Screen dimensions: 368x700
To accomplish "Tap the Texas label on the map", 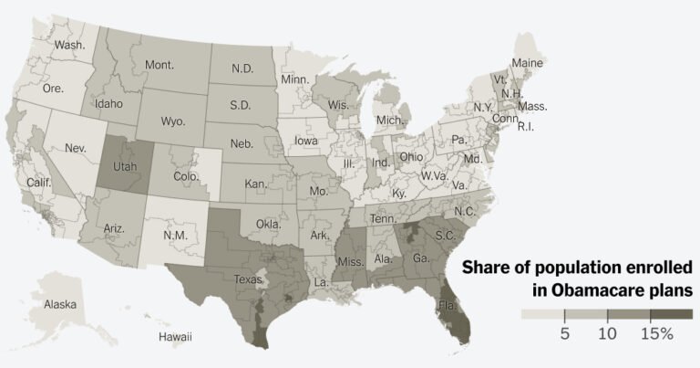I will tap(249, 279).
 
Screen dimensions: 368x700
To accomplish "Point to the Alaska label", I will tap(60, 304).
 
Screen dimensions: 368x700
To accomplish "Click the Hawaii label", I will tap(175, 337).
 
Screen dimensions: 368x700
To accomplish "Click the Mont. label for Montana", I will tap(159, 66).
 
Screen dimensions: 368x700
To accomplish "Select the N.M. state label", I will tap(173, 235).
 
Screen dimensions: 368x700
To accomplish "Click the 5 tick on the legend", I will tap(564, 334).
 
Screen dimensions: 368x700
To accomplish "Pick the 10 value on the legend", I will tap(607, 334).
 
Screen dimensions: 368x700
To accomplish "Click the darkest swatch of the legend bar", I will tap(672, 313).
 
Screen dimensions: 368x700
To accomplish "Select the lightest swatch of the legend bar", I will tap(542, 313).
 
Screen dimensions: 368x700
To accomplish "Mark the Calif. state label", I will tap(38, 183).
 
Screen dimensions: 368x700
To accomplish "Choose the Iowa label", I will tap(307, 142).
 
